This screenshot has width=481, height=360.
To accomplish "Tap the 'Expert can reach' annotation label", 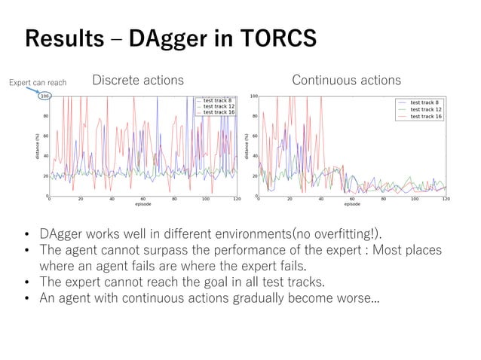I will [38, 83].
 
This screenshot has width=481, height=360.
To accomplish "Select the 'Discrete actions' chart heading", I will [137, 80].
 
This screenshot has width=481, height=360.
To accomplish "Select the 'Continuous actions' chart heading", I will [346, 80].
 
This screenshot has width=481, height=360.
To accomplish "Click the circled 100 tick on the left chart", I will [44, 96].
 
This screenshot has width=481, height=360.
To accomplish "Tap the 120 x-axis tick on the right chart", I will [445, 200].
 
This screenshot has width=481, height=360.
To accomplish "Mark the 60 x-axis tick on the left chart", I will [142, 200].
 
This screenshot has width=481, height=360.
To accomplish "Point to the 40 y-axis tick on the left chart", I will [45, 156].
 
